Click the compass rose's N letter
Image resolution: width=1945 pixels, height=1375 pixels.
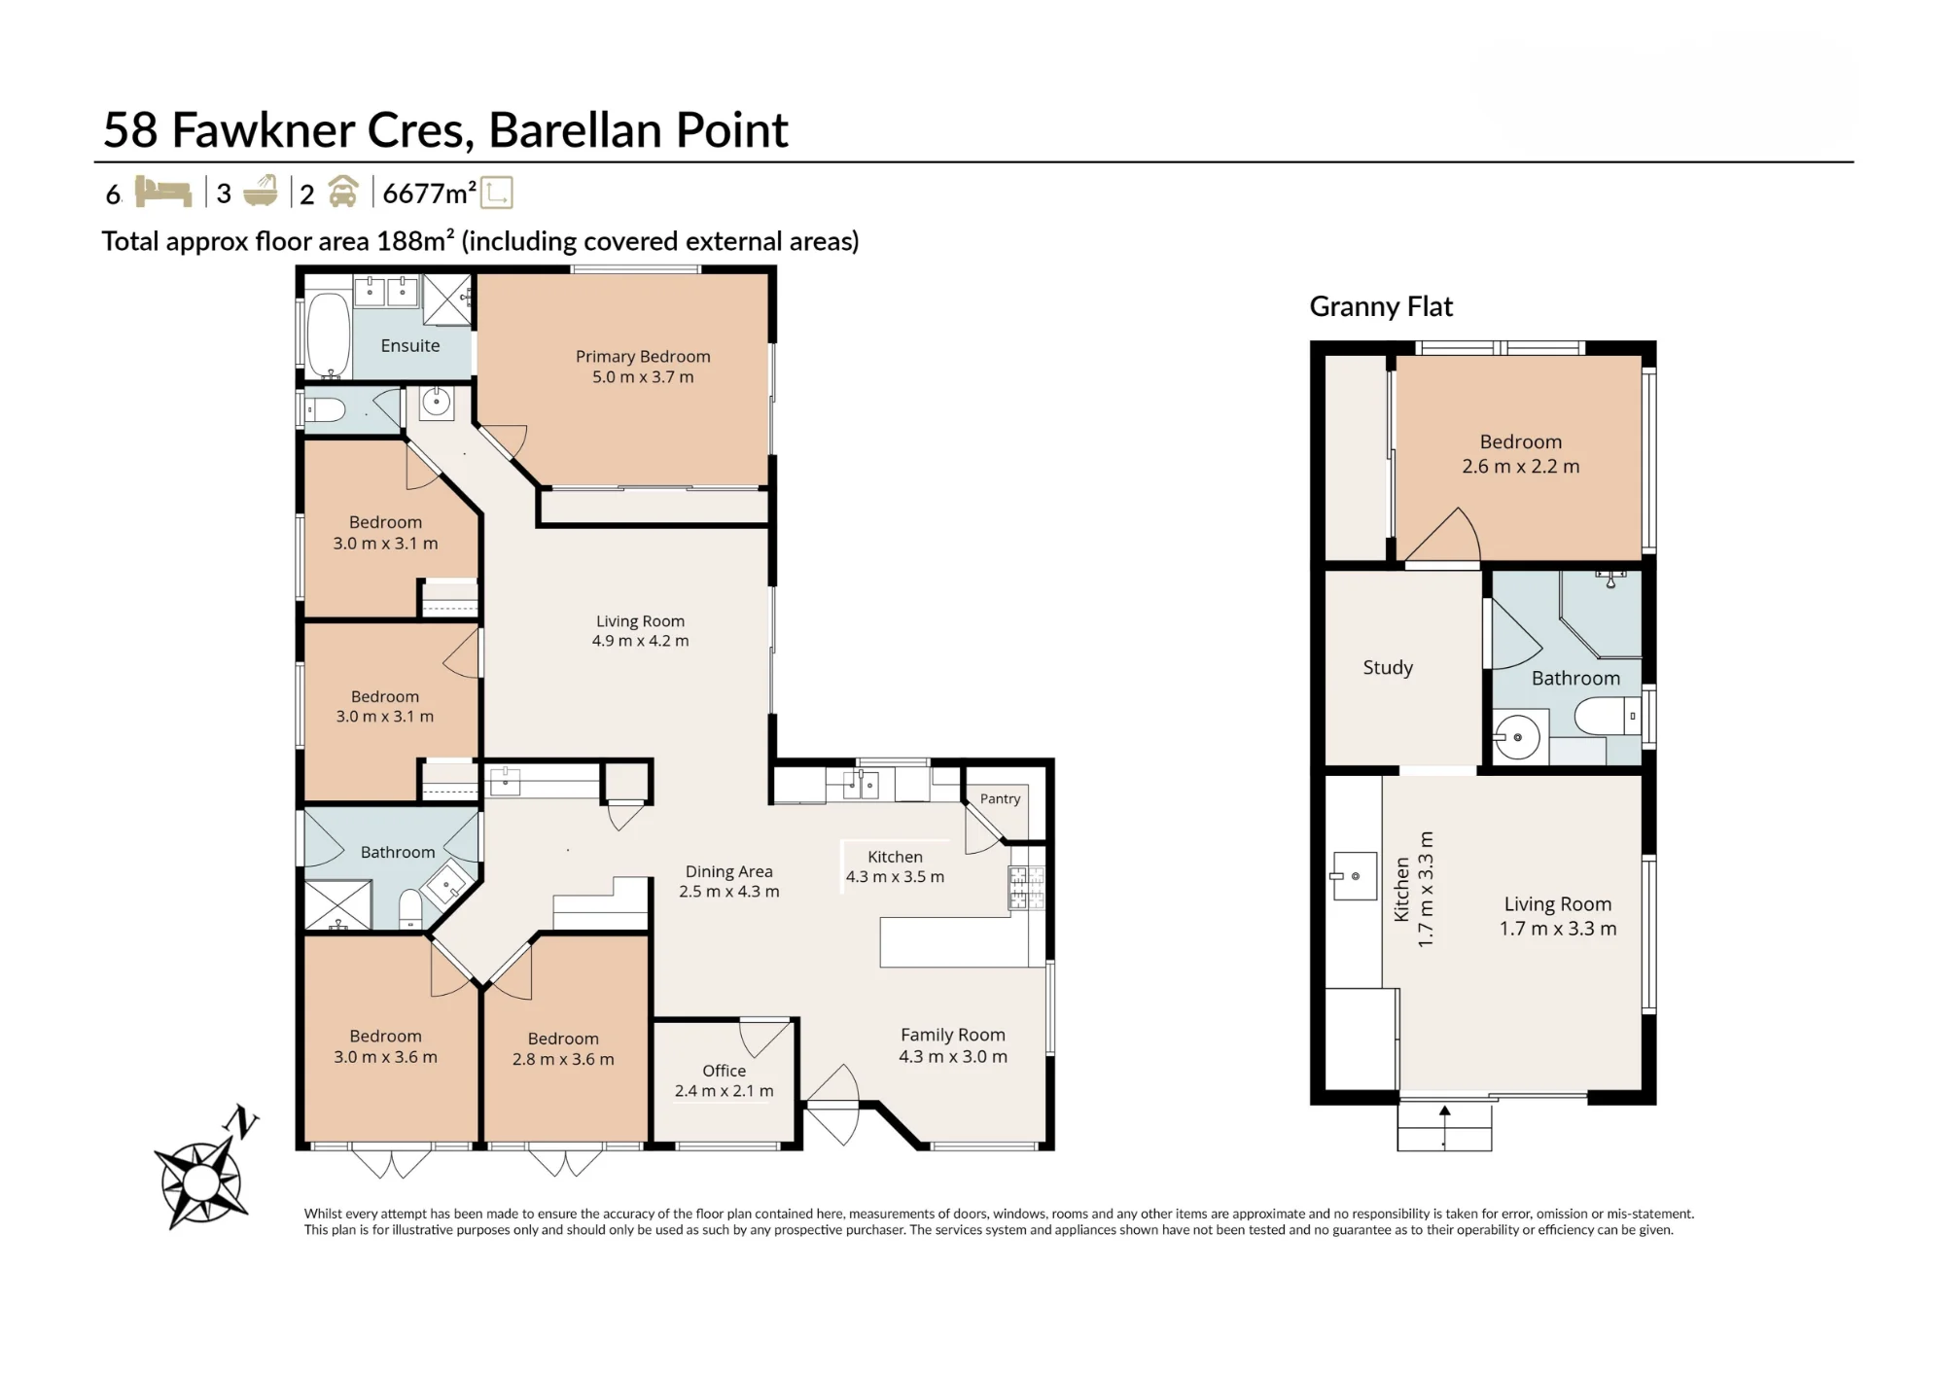click(241, 1122)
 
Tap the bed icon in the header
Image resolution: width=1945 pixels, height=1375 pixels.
click(162, 192)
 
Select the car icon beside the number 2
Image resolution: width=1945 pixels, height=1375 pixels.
click(342, 192)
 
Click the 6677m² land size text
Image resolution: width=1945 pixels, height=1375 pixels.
click(430, 193)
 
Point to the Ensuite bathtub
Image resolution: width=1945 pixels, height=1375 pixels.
click(329, 335)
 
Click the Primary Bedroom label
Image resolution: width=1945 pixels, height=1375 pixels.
click(643, 357)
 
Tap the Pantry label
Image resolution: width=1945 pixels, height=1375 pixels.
click(1000, 798)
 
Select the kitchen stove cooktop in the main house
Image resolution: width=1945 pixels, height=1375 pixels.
click(1026, 888)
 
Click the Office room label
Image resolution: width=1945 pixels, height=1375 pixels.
click(725, 1071)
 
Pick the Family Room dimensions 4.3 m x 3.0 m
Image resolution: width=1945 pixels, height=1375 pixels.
click(953, 1056)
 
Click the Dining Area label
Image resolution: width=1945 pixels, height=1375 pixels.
click(728, 871)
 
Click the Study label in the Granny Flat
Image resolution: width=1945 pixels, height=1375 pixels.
click(1388, 667)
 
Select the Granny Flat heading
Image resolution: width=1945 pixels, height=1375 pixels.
click(1381, 306)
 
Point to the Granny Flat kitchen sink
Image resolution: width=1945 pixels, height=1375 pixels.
click(1354, 876)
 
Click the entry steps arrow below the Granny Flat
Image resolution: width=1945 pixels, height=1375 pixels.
click(1444, 1127)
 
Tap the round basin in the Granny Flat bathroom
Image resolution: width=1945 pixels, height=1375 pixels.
click(1517, 737)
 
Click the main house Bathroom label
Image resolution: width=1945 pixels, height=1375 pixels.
click(398, 852)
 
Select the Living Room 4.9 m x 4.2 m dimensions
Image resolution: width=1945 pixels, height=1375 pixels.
click(640, 641)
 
